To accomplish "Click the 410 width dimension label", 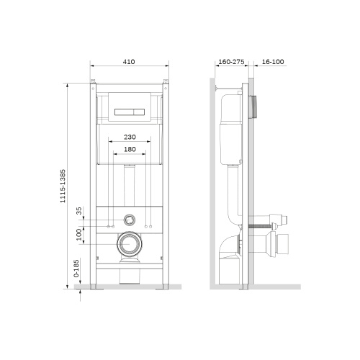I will [x=129, y=62].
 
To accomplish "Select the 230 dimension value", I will [x=129, y=137].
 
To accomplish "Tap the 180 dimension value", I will [x=129, y=150].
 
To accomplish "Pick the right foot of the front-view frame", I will [x=166, y=287].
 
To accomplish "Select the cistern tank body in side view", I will [x=232, y=130].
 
